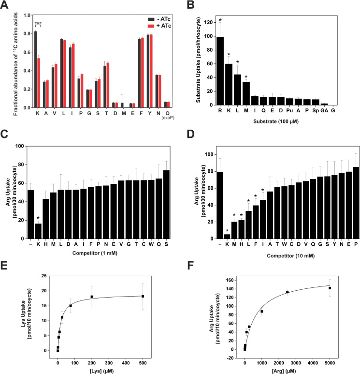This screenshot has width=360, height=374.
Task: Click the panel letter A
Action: pos(6,6)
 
